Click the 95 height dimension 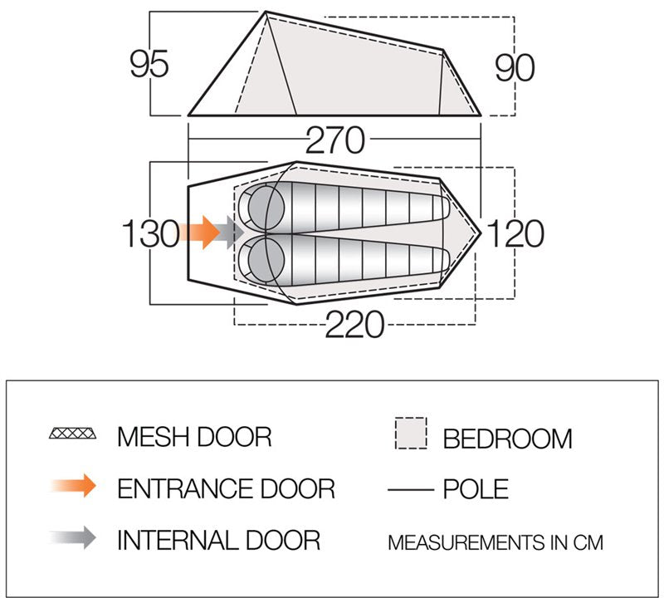(149, 64)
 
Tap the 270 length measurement (334, 141)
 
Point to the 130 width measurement (150, 233)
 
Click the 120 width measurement (515, 233)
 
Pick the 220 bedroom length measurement (354, 325)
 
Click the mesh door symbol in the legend (73, 434)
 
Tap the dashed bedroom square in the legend (409, 434)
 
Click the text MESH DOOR (194, 435)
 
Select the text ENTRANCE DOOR (226, 488)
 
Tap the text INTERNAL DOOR (218, 541)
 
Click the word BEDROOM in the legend (508, 438)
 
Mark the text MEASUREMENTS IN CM (495, 543)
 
